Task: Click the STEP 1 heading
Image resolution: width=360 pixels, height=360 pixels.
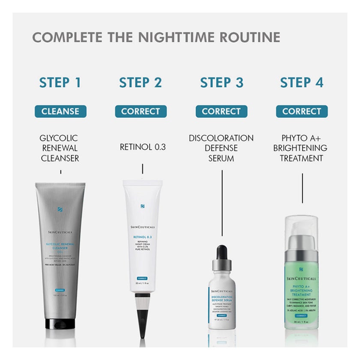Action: pos(60,82)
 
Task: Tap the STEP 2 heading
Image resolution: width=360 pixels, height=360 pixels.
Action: pos(141,82)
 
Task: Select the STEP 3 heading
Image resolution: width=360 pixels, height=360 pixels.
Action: pos(222,82)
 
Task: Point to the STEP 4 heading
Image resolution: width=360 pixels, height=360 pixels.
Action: pos(302,82)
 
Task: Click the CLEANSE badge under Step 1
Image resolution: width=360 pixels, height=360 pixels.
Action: pos(60,111)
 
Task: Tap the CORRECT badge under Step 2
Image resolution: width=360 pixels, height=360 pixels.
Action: pos(141,111)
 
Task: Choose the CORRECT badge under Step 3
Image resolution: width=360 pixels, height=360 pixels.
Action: pos(221,111)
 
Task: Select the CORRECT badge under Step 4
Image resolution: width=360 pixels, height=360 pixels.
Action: pos(302,111)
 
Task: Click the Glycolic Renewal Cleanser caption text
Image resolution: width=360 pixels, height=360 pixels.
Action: pos(60,148)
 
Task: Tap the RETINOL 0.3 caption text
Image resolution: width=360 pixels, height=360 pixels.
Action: pos(142,147)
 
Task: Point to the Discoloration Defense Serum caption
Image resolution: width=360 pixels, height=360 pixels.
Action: pos(221,148)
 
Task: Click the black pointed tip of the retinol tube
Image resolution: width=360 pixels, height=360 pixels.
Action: pos(142,315)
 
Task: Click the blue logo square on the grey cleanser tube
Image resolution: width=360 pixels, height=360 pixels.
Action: pos(60,210)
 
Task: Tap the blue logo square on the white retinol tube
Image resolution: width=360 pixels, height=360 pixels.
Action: pos(142,207)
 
